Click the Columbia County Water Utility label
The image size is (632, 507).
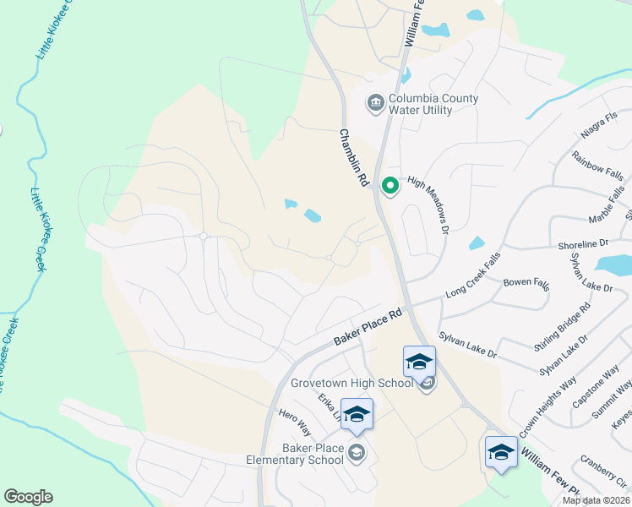click(x=433, y=104)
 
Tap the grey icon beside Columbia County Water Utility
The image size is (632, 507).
click(x=374, y=104)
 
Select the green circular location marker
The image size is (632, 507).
click(x=390, y=184)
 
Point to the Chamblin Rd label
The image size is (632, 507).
click(x=355, y=158)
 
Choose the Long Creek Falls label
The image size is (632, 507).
click(x=473, y=271)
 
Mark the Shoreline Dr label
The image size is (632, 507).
click(x=583, y=243)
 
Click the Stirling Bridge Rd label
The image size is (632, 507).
click(x=562, y=324)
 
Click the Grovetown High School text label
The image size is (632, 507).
click(x=351, y=382)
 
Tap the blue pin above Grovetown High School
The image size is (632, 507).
click(x=419, y=363)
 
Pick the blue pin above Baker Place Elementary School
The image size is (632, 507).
click(x=357, y=414)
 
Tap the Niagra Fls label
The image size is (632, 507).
click(x=600, y=130)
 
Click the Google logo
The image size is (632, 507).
click(x=28, y=497)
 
